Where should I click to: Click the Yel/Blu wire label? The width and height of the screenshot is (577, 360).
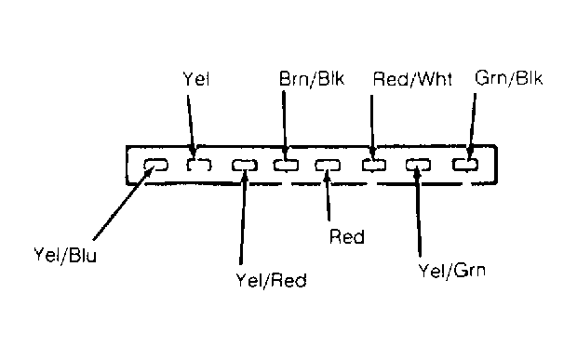[x=65, y=255]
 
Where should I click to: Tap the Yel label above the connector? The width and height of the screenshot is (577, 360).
[x=196, y=79]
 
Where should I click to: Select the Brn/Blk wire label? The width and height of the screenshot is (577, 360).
[x=312, y=79]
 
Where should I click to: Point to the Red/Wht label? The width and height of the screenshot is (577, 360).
[x=412, y=79]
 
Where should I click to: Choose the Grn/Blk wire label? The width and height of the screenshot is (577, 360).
[x=508, y=78]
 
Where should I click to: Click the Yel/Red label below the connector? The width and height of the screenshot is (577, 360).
[x=271, y=280]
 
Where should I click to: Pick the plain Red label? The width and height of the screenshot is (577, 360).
[x=347, y=236]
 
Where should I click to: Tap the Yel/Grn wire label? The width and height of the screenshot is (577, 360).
[x=452, y=271]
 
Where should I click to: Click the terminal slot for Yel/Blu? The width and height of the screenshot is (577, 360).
[x=155, y=165]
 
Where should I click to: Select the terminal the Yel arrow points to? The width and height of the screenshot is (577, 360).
[x=199, y=165]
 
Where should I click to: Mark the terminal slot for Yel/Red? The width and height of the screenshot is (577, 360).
[x=245, y=165]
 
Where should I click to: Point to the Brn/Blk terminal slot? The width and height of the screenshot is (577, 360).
[x=286, y=165]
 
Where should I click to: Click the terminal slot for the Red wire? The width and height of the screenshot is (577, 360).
[x=328, y=165]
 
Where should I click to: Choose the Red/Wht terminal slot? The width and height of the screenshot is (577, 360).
[x=374, y=165]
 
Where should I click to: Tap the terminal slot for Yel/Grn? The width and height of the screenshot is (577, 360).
[x=418, y=165]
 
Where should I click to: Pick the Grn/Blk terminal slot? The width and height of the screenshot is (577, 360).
[x=465, y=165]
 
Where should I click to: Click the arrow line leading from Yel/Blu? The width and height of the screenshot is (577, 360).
[x=123, y=203]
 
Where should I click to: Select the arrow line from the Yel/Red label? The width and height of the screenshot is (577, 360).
[x=243, y=217]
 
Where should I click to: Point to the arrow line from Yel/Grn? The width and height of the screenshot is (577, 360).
[x=418, y=211]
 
